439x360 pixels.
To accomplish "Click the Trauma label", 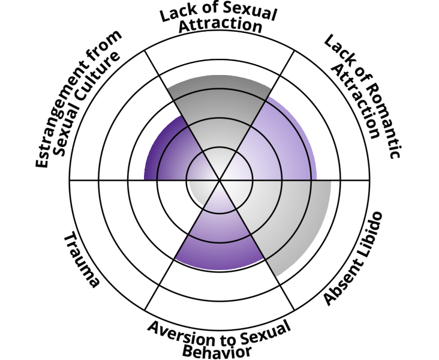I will click(80, 260).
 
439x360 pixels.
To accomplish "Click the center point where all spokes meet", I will click(220, 179).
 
